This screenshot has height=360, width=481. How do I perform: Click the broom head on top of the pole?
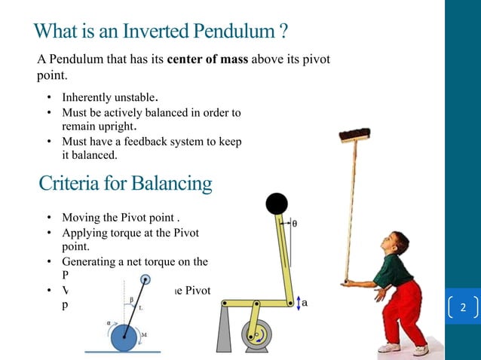coord(354,136)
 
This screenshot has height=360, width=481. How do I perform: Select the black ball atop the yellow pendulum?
coord(276,203)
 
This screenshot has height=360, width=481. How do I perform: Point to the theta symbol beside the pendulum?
coord(294,224)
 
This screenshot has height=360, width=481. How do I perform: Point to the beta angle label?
coord(130,299)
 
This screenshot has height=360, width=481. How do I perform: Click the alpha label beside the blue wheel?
coord(108,319)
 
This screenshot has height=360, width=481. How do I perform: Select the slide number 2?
coord(463,308)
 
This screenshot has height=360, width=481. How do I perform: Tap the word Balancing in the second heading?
coord(171,183)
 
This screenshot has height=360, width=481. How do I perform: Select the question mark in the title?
coord(282,32)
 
